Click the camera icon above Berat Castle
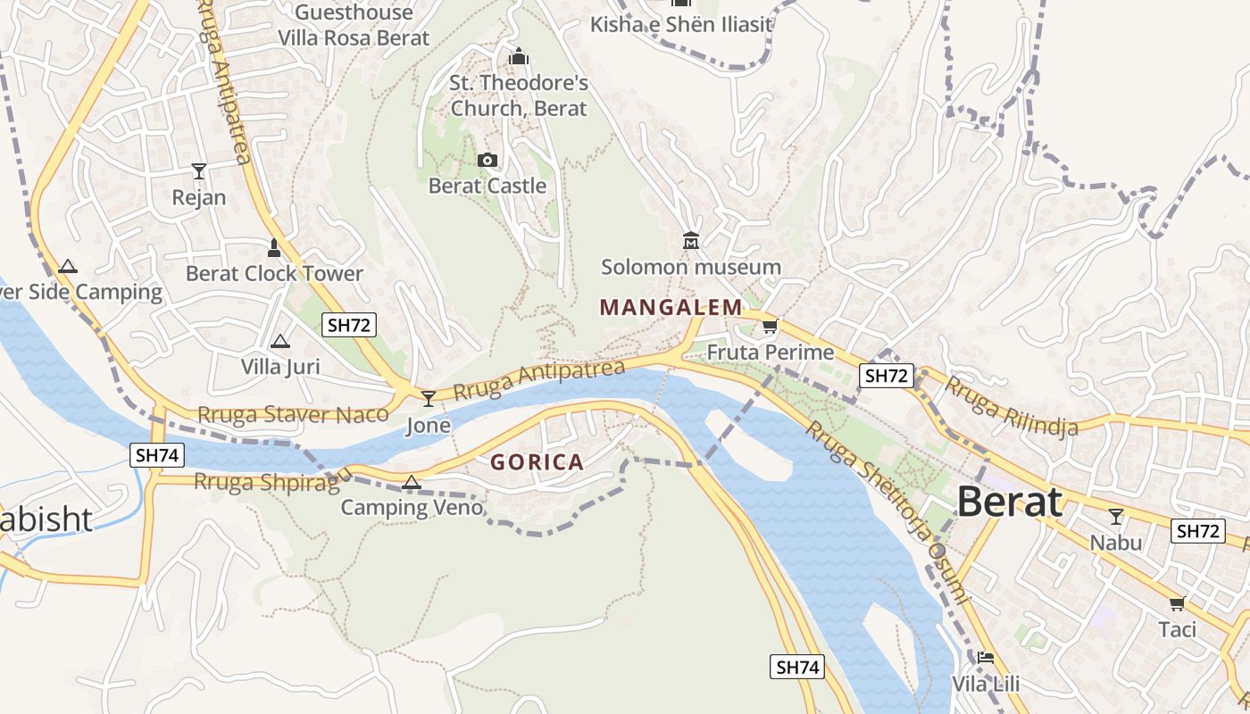tap(487, 161)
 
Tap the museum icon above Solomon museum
tap(691, 241)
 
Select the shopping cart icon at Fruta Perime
tap(770, 327)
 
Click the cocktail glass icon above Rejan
tap(198, 170)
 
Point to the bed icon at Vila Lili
tap(985, 658)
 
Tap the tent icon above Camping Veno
tap(411, 483)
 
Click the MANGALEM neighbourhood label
tap(671, 308)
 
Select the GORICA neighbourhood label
tap(537, 462)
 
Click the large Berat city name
tap(1010, 502)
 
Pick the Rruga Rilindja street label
tap(1011, 406)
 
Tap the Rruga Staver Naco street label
tap(293, 414)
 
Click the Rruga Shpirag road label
tap(267, 482)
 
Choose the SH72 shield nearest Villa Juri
tap(349, 325)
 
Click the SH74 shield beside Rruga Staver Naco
tap(156, 455)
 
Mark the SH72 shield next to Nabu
tap(1197, 531)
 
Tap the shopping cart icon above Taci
tap(1178, 603)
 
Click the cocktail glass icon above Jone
tap(429, 398)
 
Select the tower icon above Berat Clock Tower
tap(274, 247)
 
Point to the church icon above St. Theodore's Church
tap(519, 56)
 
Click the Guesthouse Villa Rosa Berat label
tap(354, 25)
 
